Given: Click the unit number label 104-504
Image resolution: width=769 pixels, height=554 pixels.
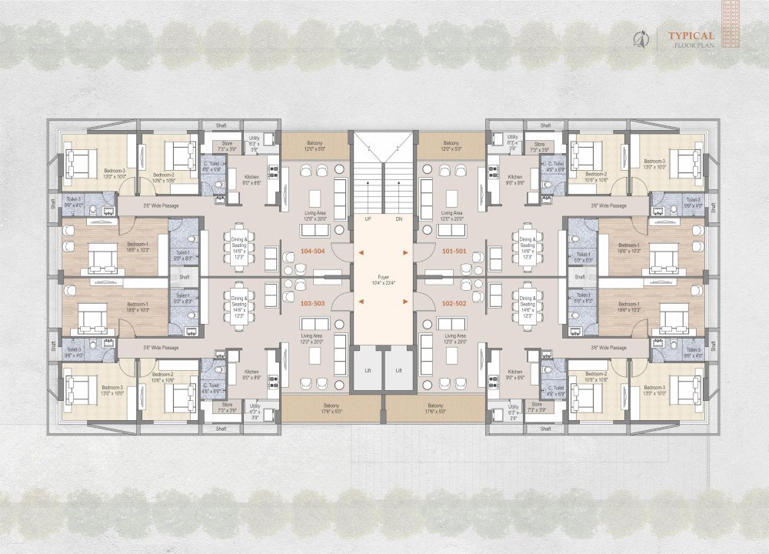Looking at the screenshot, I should coord(317,252).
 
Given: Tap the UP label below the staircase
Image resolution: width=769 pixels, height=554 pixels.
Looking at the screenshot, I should coord(368,219).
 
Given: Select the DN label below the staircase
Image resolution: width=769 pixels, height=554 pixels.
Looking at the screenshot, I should coord(398,219).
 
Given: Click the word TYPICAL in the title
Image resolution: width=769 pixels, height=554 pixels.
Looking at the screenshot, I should coord(691,35).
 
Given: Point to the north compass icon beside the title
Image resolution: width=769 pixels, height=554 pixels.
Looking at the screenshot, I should coord(638,38).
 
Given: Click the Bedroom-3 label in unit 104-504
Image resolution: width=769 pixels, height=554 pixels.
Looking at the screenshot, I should coord(100,172).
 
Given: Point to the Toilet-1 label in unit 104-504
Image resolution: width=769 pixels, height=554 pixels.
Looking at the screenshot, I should coord(183,255).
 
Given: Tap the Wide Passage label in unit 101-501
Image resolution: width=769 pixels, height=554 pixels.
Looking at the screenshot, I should coord(608,205).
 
